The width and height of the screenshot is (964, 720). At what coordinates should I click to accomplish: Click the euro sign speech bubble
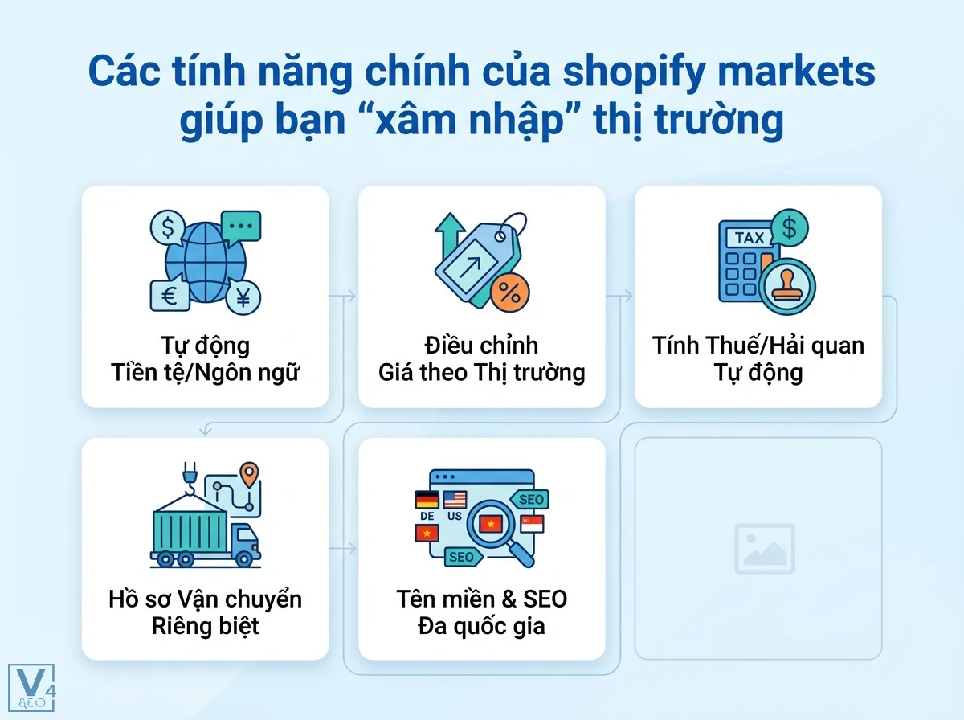[170, 296]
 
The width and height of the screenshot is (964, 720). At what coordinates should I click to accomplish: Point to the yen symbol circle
[242, 297]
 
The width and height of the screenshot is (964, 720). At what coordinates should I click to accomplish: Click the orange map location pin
[251, 473]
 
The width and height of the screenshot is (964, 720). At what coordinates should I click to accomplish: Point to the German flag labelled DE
[427, 501]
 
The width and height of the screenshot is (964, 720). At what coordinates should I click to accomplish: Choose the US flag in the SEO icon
[455, 500]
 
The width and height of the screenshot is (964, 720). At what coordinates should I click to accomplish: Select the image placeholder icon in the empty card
[764, 549]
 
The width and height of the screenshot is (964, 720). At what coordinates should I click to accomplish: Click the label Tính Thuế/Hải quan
[758, 346]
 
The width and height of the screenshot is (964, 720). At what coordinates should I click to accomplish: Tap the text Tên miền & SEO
[481, 599]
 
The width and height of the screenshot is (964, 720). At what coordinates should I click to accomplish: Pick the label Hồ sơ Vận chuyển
[205, 599]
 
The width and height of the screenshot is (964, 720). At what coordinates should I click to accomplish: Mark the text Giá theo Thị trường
[481, 373]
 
